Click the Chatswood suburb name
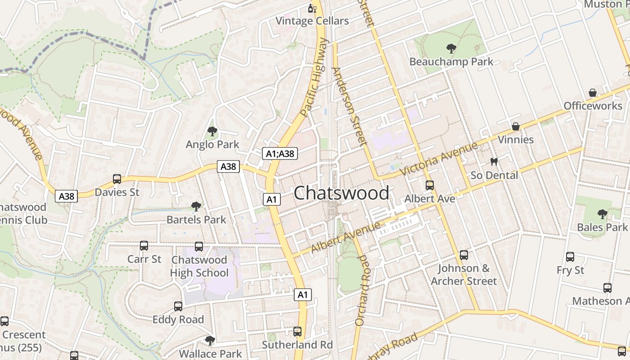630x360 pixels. coord(341,193)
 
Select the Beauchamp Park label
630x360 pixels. coord(451,62)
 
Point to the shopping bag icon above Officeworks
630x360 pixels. coord(593,93)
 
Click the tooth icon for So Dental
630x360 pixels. coord(494,162)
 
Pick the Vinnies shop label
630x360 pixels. coord(516,139)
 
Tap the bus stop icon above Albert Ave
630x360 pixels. coord(430,185)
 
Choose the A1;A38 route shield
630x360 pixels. coord(279,153)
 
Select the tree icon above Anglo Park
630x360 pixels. coord(212,131)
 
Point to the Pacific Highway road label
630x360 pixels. coord(314,77)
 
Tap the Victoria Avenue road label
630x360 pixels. coord(438,159)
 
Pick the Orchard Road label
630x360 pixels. coord(361,290)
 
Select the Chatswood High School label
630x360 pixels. coord(199,266)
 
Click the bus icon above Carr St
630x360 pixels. coord(144,246)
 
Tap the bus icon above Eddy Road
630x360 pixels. coord(178,306)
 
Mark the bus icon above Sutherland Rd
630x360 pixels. coord(297,332)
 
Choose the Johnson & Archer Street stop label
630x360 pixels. coord(463,274)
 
